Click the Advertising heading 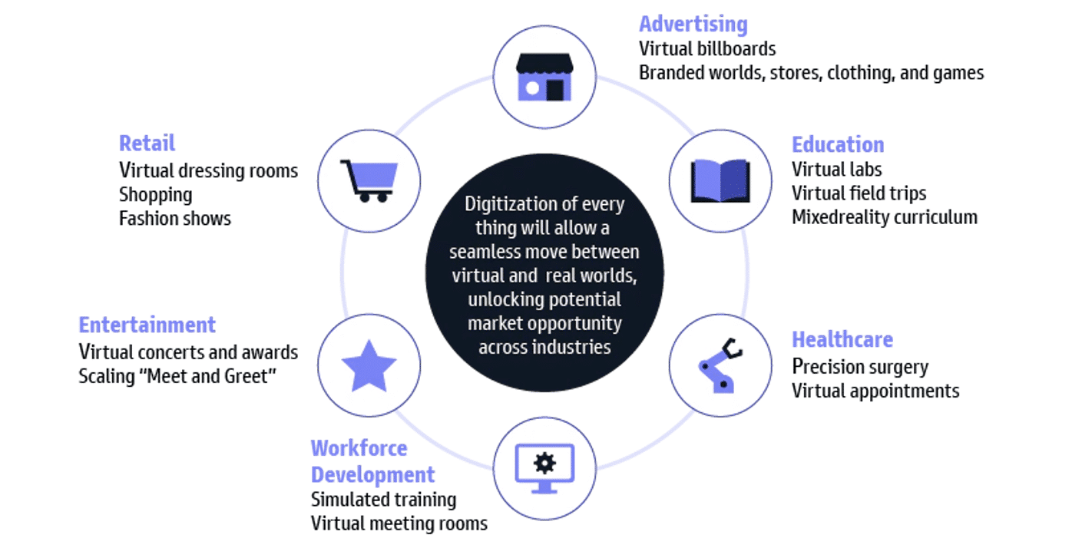pyautogui.click(x=693, y=25)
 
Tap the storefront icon pyautogui.click(x=544, y=78)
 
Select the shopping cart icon pyautogui.click(x=369, y=181)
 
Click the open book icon pyautogui.click(x=720, y=181)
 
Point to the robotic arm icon pyautogui.click(x=720, y=365)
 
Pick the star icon pyautogui.click(x=369, y=366)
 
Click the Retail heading pyautogui.click(x=147, y=144)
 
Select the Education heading pyautogui.click(x=838, y=145)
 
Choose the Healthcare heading pyautogui.click(x=842, y=339)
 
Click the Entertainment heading pyautogui.click(x=147, y=325)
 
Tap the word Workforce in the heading pyautogui.click(x=359, y=448)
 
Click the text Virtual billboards pyautogui.click(x=707, y=49)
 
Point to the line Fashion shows pyautogui.click(x=175, y=219)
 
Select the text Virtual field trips pyautogui.click(x=859, y=193)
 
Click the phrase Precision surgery pyautogui.click(x=860, y=367)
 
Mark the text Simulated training pyautogui.click(x=383, y=500)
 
